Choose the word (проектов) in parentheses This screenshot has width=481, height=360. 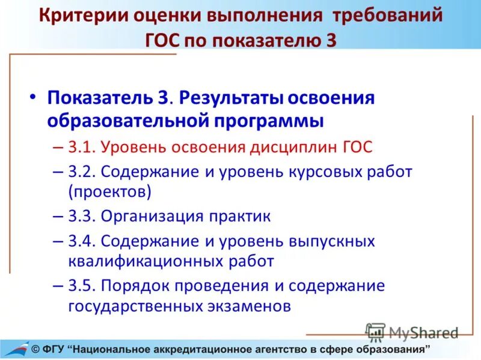pos(110,192)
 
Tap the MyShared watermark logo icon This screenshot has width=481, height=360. pos(376,332)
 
